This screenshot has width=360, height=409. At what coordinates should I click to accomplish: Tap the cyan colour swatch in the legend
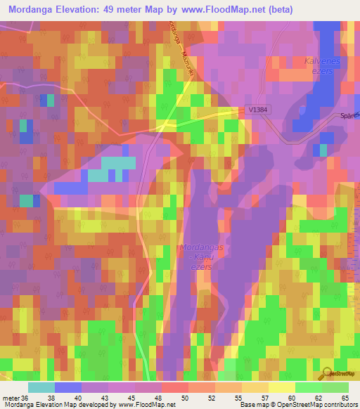tap(41, 387)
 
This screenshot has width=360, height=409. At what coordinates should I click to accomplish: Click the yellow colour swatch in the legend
tap(282, 387)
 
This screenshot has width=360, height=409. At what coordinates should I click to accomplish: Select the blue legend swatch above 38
tap(68, 387)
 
